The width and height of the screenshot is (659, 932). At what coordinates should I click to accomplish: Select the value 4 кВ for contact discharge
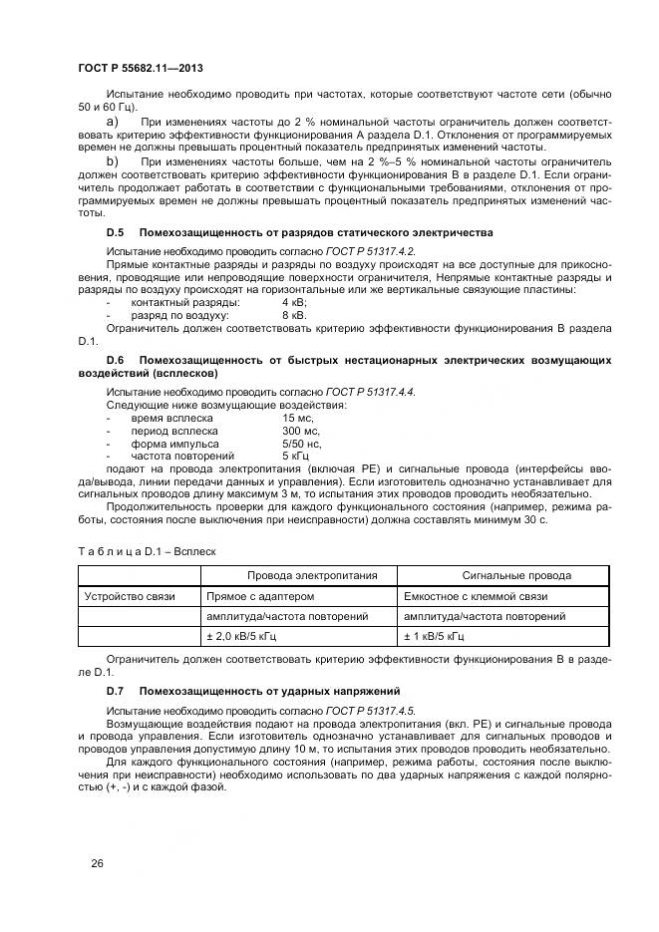click(294, 301)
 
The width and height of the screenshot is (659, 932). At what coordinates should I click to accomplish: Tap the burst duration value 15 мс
click(297, 419)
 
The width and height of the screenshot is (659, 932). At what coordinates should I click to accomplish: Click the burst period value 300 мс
click(299, 432)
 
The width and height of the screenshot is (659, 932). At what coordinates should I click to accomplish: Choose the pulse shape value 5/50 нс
click(300, 444)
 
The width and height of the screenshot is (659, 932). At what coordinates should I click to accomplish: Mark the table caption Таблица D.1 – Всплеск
click(147, 550)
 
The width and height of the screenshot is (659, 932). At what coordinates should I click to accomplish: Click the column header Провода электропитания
click(298, 575)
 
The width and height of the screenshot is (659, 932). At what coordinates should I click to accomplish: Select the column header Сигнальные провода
click(516, 575)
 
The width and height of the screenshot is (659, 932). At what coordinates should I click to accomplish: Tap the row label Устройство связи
click(129, 596)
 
